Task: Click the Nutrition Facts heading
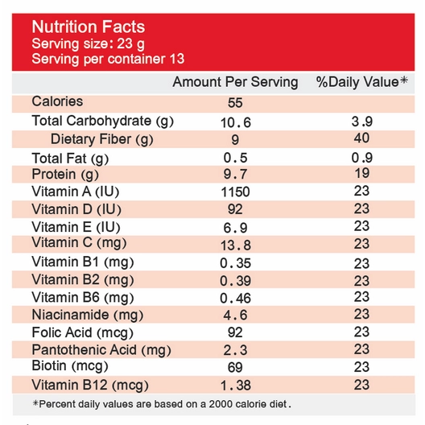pyautogui.click(x=89, y=27)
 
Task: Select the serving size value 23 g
pyautogui.click(x=131, y=44)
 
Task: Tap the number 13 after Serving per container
pyautogui.click(x=177, y=59)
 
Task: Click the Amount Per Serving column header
pyautogui.click(x=235, y=82)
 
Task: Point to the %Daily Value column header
pyautogui.click(x=362, y=81)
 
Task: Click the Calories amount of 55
pyautogui.click(x=235, y=103)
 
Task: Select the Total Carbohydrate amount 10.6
pyautogui.click(x=236, y=122)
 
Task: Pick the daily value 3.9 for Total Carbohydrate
pyautogui.click(x=362, y=122)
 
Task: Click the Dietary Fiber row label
pyautogui.click(x=102, y=139)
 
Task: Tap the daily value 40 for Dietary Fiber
pyautogui.click(x=361, y=138)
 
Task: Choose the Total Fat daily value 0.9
pyautogui.click(x=362, y=158)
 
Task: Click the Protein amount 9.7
pyautogui.click(x=235, y=174)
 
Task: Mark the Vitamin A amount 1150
pyautogui.click(x=235, y=192)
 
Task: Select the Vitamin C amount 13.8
pyautogui.click(x=236, y=246)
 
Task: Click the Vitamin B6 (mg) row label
pyautogui.click(x=83, y=298)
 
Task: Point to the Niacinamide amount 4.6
pyautogui.click(x=235, y=316)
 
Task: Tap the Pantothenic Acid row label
pyautogui.click(x=101, y=350)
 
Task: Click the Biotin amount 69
pyautogui.click(x=235, y=368)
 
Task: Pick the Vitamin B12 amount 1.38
pyautogui.click(x=236, y=386)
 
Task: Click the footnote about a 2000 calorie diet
pyautogui.click(x=162, y=404)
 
